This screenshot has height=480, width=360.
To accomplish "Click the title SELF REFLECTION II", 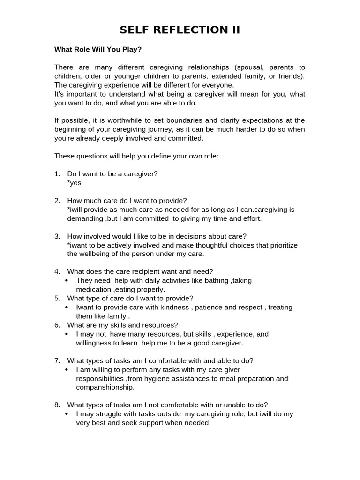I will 180,30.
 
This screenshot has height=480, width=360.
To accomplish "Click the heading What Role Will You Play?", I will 98,49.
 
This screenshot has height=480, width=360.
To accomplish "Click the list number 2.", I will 57,201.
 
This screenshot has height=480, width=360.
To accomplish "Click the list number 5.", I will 57,298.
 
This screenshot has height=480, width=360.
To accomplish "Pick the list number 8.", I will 57,405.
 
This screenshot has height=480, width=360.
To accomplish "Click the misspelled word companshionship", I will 105,387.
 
